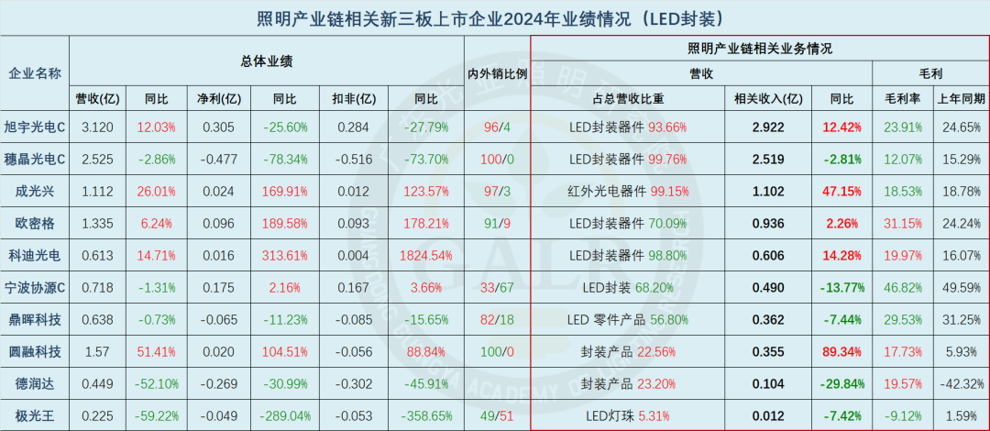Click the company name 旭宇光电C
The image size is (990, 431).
(35, 127)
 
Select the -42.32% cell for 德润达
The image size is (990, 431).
(961, 382)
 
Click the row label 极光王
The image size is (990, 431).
(35, 414)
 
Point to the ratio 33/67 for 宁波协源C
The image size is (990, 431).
(497, 287)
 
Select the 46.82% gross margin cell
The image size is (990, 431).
(902, 287)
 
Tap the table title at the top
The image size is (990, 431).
(495, 17)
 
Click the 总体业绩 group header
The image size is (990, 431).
(267, 61)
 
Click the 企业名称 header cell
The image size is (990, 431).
(35, 73)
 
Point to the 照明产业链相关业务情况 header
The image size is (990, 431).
(759, 48)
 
